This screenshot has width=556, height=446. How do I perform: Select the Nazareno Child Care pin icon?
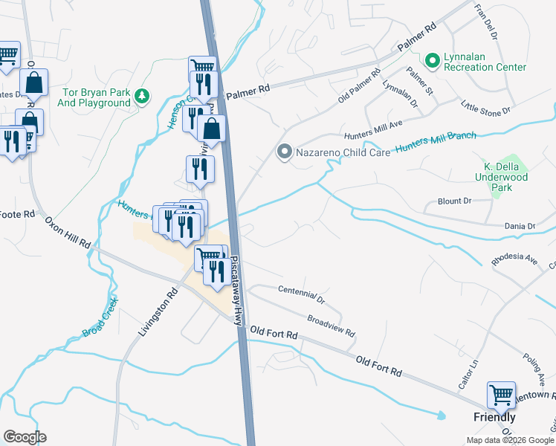[x=283, y=152]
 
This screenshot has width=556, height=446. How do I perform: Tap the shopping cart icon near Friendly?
[x=502, y=394]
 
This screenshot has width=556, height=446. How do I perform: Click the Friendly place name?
[x=494, y=417]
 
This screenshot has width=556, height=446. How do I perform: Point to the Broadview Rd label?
[x=332, y=324]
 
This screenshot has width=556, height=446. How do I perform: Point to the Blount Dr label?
[x=455, y=201]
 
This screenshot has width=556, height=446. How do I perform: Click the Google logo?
[x=25, y=437]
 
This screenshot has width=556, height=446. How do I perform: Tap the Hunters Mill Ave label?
[x=372, y=129]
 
